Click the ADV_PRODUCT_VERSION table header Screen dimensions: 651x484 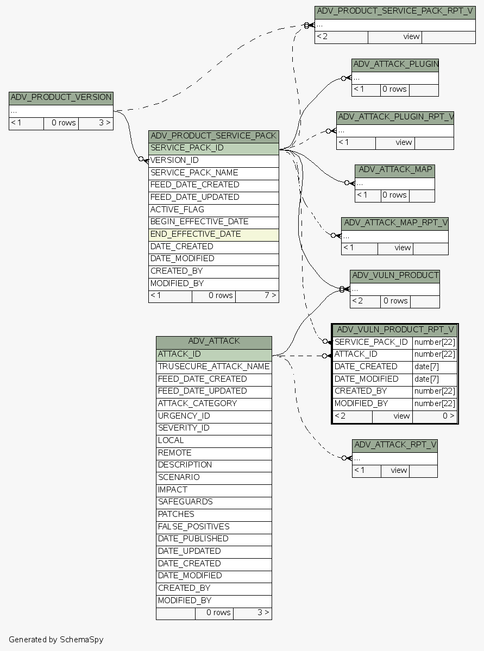[x=61, y=98]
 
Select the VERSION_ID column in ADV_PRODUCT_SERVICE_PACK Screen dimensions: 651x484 [x=213, y=160]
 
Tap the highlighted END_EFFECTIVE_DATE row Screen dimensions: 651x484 [x=213, y=235]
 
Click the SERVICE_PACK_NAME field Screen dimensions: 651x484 [x=213, y=173]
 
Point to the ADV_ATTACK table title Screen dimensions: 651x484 [x=213, y=342]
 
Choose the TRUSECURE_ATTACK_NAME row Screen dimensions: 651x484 [x=213, y=366]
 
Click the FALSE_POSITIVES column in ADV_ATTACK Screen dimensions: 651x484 [x=213, y=527]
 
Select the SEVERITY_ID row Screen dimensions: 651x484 [x=213, y=428]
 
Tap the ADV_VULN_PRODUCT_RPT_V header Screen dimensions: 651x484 [x=395, y=330]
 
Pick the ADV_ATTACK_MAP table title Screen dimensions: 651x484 [x=395, y=169]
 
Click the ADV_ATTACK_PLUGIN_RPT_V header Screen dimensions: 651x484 [x=395, y=117]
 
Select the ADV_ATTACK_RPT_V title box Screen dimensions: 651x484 [x=394, y=445]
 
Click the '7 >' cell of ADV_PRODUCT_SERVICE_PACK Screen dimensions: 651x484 [x=257, y=296]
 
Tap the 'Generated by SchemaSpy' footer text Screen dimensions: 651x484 [x=56, y=640]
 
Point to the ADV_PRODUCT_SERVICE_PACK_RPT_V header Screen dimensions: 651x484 [x=395, y=11]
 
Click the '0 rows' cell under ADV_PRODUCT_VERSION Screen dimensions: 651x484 [x=61, y=123]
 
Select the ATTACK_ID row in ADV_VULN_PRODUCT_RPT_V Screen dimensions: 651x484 [x=373, y=355]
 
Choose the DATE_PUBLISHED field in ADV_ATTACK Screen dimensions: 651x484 [x=213, y=539]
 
